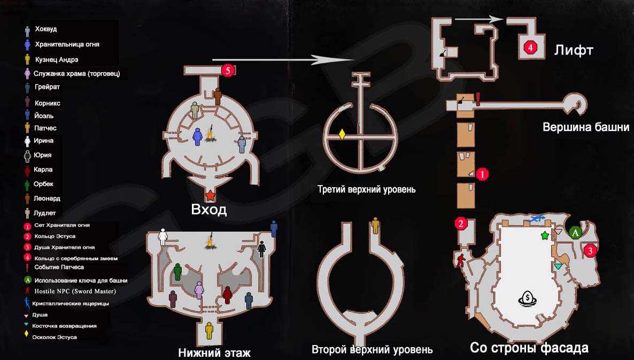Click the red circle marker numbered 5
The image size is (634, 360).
pyautogui.click(x=228, y=71)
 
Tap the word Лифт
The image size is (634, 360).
pyautogui.click(x=574, y=50)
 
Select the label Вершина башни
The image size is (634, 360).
pyautogui.click(x=586, y=127)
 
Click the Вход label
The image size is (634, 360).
pyautogui.click(x=209, y=210)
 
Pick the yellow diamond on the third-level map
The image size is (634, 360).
pyautogui.click(x=342, y=135)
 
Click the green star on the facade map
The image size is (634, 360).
pyautogui.click(x=545, y=235)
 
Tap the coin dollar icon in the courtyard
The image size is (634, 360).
pyautogui.click(x=527, y=298)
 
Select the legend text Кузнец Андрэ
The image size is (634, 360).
pyautogui.click(x=60, y=59)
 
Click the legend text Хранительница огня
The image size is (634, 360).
pyautogui.click(x=67, y=44)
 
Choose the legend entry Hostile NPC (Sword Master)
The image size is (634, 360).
pyautogui.click(x=75, y=291)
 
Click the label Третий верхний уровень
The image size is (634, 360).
pyautogui.click(x=366, y=189)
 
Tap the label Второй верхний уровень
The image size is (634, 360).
pyautogui.click(x=372, y=350)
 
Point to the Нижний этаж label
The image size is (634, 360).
pyautogui.click(x=214, y=353)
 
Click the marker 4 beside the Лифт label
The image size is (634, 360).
pyautogui.click(x=530, y=48)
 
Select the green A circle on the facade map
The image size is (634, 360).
pyautogui.click(x=575, y=232)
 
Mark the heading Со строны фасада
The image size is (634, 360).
pyautogui.click(x=529, y=348)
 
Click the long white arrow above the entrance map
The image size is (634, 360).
pyautogui.click(x=283, y=60)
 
